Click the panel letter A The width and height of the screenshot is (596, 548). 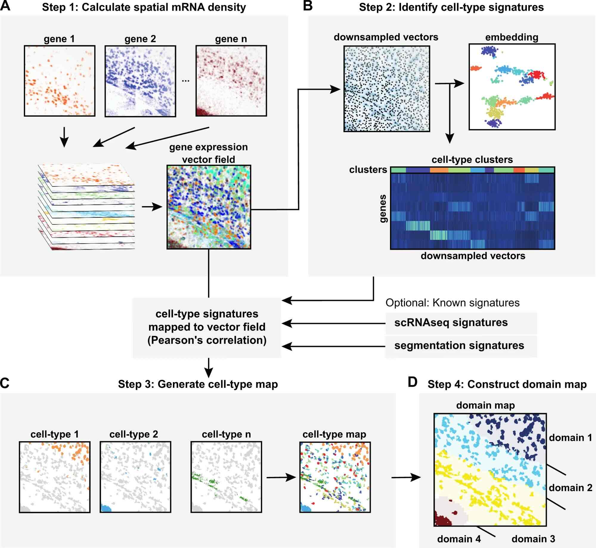[x=5, y=6]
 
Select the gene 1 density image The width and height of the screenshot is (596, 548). [x=60, y=81]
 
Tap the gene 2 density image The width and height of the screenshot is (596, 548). [x=140, y=81]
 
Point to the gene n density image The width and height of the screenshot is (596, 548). [x=231, y=81]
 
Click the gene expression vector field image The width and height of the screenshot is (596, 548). [x=209, y=207]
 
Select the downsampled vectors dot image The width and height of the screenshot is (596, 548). [x=387, y=89]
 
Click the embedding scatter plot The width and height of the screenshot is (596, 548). [x=512, y=87]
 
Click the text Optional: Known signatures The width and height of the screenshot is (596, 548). [x=452, y=303]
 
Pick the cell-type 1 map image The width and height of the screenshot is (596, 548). [x=55, y=477]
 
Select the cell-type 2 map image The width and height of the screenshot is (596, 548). [x=135, y=477]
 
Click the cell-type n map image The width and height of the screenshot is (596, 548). [x=226, y=477]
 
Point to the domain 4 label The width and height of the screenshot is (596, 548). [x=459, y=539]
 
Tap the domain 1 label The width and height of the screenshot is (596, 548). [x=570, y=438]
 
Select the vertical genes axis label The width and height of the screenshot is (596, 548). [x=383, y=209]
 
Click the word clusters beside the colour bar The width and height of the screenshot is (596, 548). [x=368, y=170]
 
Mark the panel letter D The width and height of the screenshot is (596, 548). [x=413, y=382]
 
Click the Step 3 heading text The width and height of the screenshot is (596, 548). [x=198, y=384]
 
